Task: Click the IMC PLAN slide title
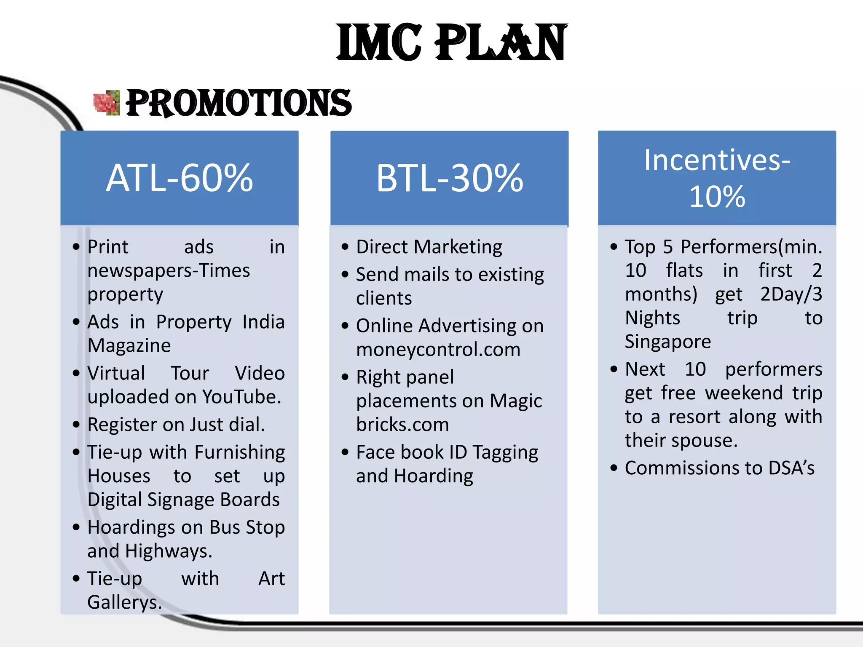pyautogui.click(x=452, y=42)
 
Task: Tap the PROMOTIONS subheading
pyautogui.click(x=239, y=103)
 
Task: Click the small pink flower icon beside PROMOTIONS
pyautogui.click(x=107, y=103)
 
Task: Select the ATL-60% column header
pyautogui.click(x=180, y=178)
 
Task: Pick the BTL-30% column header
pyautogui.click(x=450, y=178)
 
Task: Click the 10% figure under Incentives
pyautogui.click(x=717, y=197)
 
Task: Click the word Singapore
pyautogui.click(x=667, y=341)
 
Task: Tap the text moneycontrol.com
pyautogui.click(x=438, y=350)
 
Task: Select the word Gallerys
pyautogui.click(x=124, y=602)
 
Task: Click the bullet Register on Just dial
pyautogui.click(x=176, y=425)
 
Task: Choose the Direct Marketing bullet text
pyautogui.click(x=429, y=247)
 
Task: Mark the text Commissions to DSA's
pyautogui.click(x=719, y=468)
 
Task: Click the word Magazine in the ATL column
pyautogui.click(x=129, y=345)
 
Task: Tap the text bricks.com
pyautogui.click(x=402, y=425)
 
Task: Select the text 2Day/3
pyautogui.click(x=791, y=294)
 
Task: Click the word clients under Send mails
pyautogui.click(x=384, y=298)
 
